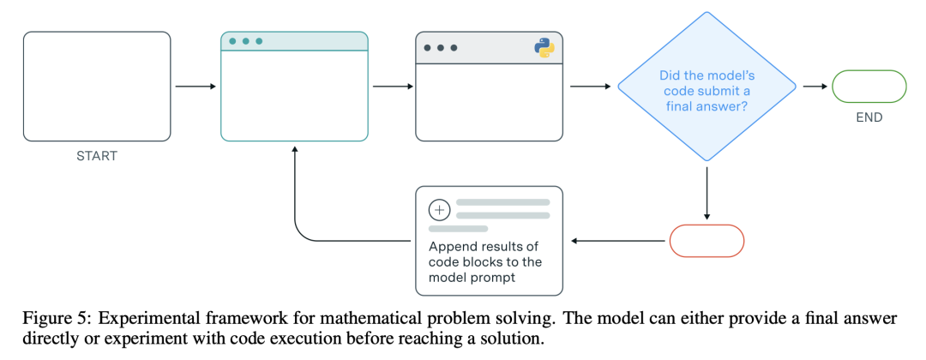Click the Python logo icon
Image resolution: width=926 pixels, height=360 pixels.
pos(544,47)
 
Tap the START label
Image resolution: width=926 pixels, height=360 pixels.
pos(97,156)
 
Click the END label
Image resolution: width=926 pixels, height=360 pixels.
pos(869,117)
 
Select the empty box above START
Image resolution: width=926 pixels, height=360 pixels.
pos(97,87)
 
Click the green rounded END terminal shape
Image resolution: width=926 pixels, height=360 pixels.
pos(869,87)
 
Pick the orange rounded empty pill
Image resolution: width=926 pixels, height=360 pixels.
pos(707,241)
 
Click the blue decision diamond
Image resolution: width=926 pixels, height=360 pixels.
pos(707,87)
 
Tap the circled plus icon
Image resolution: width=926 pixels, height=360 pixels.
pos(438,209)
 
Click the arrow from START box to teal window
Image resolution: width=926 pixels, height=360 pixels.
pos(196,87)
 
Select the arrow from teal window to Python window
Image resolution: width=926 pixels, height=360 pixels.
pos(394,87)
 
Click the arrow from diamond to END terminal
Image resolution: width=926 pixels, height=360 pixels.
pos(815,87)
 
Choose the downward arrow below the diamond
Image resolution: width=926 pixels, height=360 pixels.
pos(707,193)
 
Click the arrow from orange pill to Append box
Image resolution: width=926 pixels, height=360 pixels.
pos(617,241)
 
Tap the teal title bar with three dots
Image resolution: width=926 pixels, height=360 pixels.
pos(294,41)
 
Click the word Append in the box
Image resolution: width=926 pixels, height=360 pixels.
pos(451,246)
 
